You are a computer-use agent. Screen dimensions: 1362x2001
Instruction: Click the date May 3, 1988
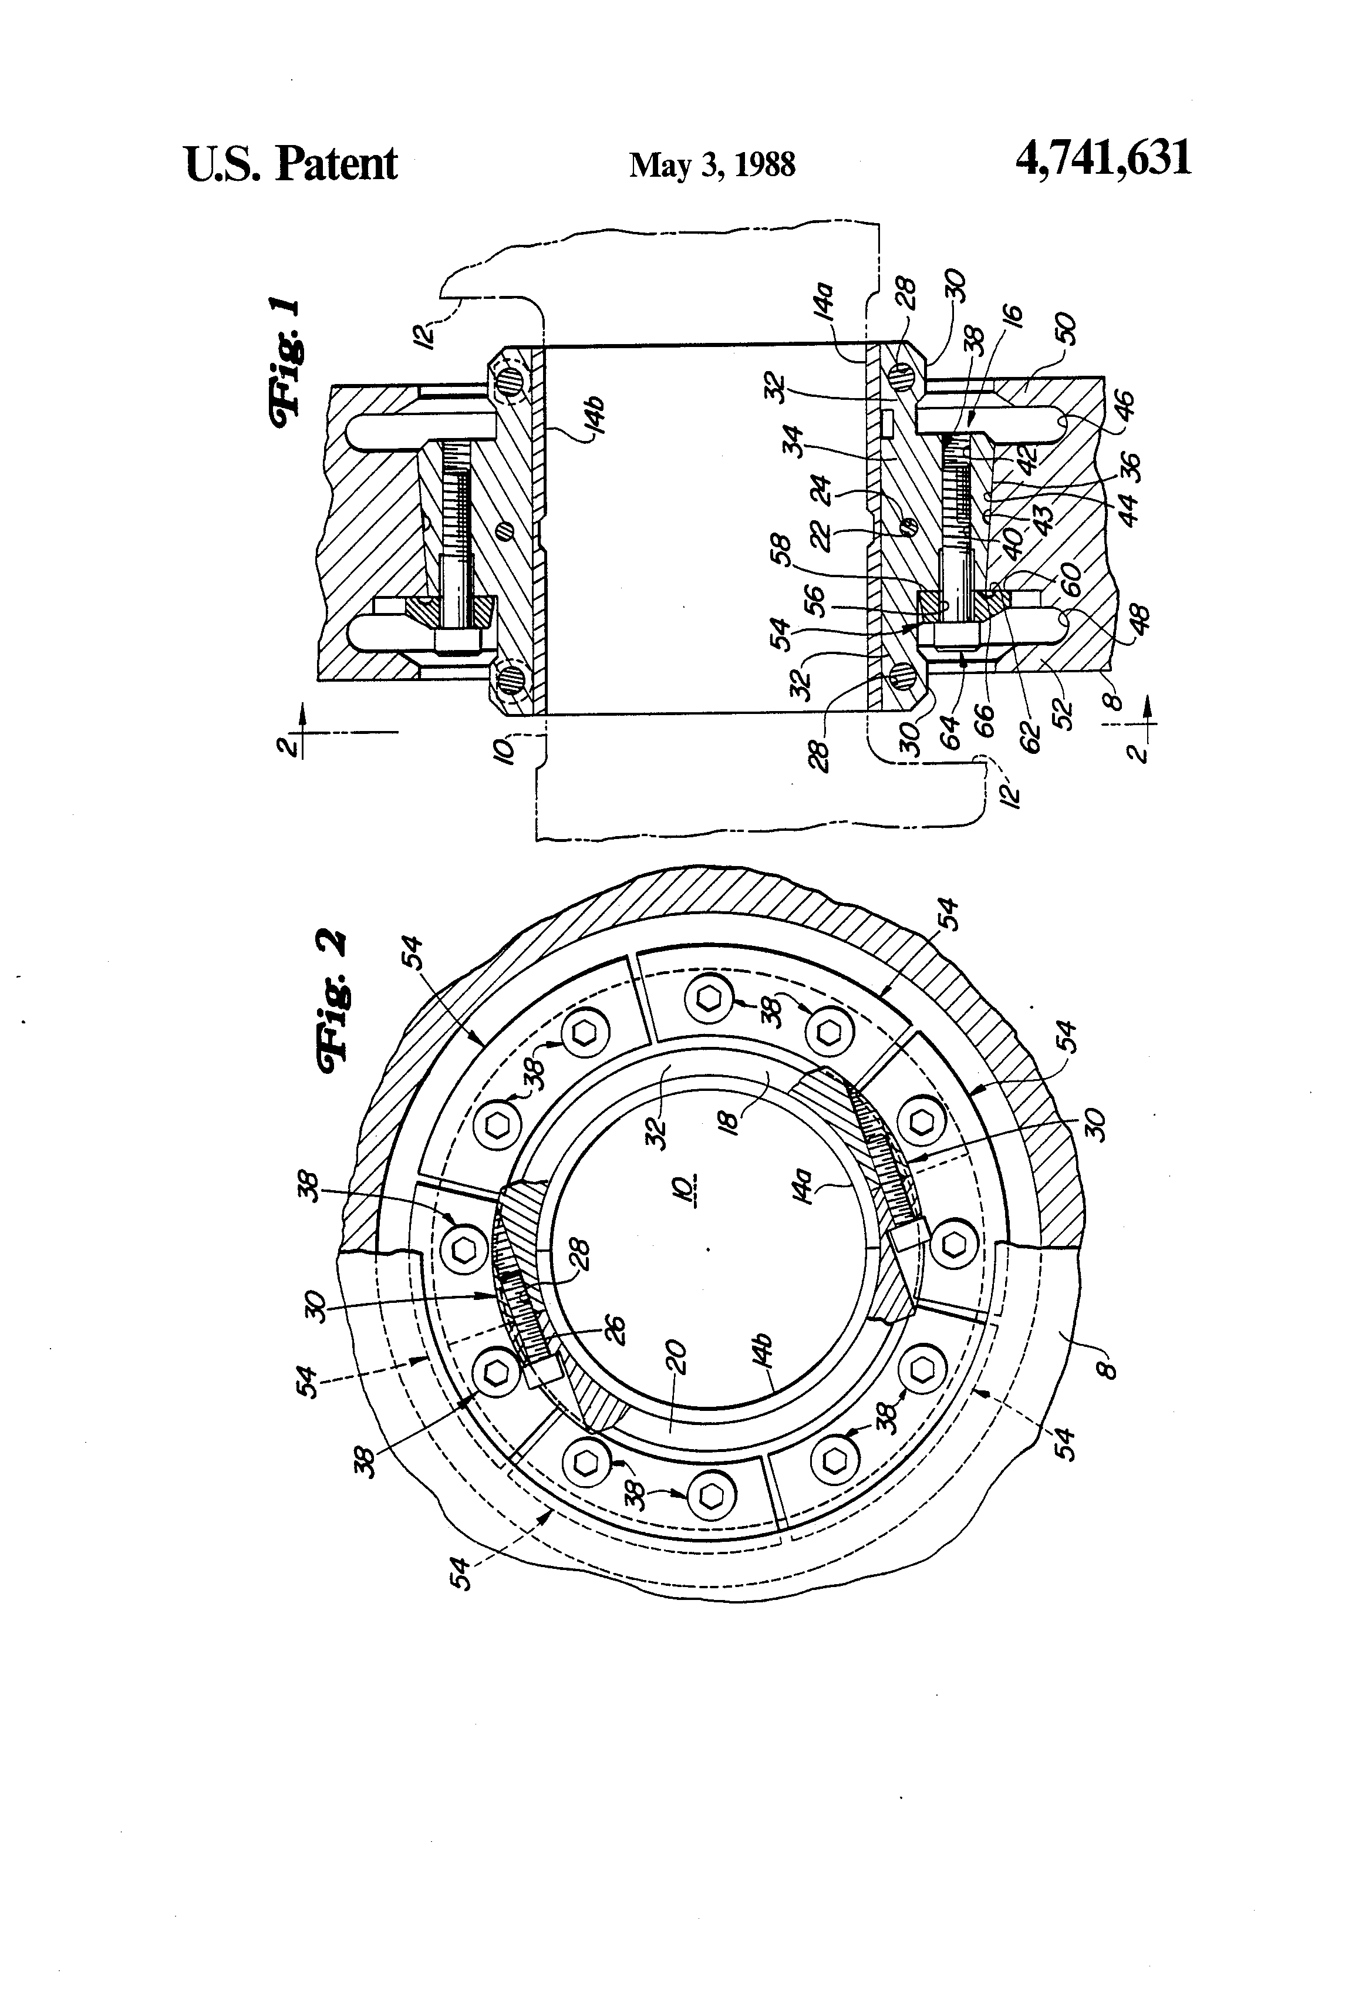coord(712,164)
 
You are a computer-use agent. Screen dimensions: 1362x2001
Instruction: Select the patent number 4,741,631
coord(1104,159)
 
